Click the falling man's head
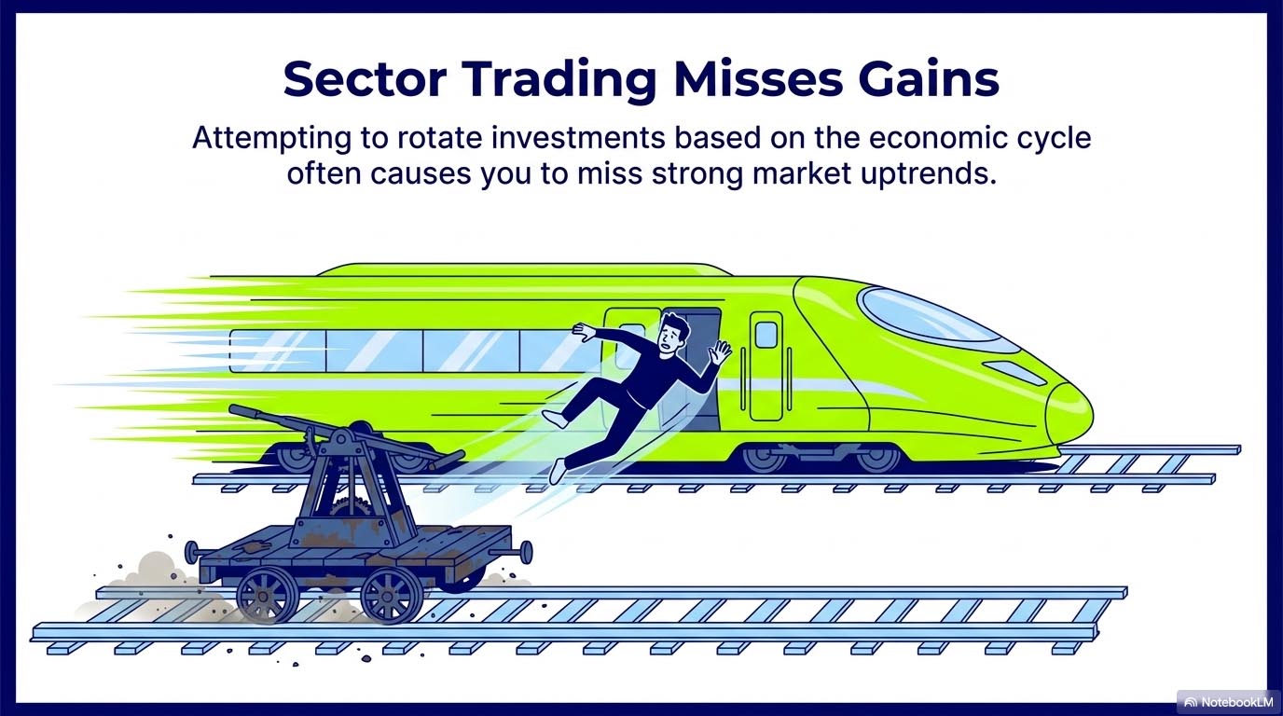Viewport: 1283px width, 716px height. [673, 333]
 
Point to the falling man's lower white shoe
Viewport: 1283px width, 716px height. [557, 471]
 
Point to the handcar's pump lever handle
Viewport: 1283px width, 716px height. [244, 411]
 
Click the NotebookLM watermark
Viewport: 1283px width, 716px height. [1223, 701]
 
